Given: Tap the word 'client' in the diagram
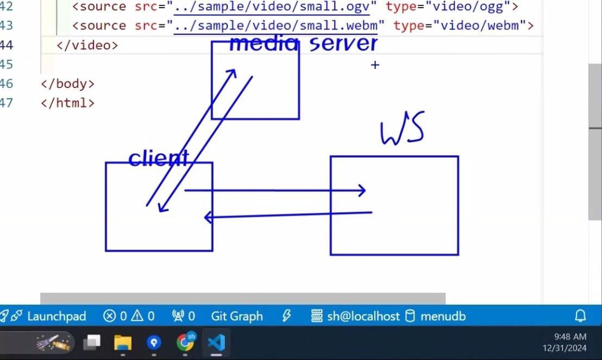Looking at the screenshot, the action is (158, 158).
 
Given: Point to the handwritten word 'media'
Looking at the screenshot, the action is (264, 44).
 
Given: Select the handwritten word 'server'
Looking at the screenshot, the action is (343, 44).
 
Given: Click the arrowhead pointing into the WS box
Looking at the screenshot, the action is (361, 191).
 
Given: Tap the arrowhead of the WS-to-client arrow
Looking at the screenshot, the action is (208, 218).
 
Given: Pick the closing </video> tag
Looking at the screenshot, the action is (87, 45).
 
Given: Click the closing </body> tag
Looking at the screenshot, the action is (67, 84).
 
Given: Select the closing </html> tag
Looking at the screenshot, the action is (67, 103).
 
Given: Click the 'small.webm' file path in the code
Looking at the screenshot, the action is (275, 26).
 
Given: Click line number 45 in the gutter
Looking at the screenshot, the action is (7, 65).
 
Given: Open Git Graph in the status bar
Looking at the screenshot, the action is (237, 316).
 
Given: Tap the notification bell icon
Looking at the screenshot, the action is (580, 316).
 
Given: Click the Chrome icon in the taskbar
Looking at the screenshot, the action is (185, 343).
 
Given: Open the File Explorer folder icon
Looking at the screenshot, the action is (123, 343).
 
